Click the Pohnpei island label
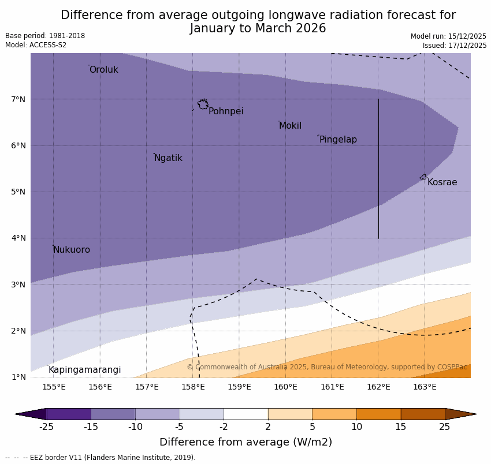[226, 111]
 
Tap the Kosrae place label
[442, 182]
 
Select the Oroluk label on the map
[103, 70]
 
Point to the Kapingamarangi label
[84, 370]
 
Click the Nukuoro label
[72, 250]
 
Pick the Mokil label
[290, 126]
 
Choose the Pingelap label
[338, 140]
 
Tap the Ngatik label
[168, 158]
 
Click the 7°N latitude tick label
[18, 99]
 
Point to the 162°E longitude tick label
[378, 387]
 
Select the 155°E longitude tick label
[54, 387]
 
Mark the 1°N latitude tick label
[18, 377]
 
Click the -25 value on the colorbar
[46, 427]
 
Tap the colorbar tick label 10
[356, 427]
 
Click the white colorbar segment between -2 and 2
[245, 414]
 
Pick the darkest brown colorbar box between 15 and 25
[423, 414]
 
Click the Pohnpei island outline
[203, 104]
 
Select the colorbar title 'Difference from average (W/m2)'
[245, 442]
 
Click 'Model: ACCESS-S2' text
[36, 45]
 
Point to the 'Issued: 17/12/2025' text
[454, 46]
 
